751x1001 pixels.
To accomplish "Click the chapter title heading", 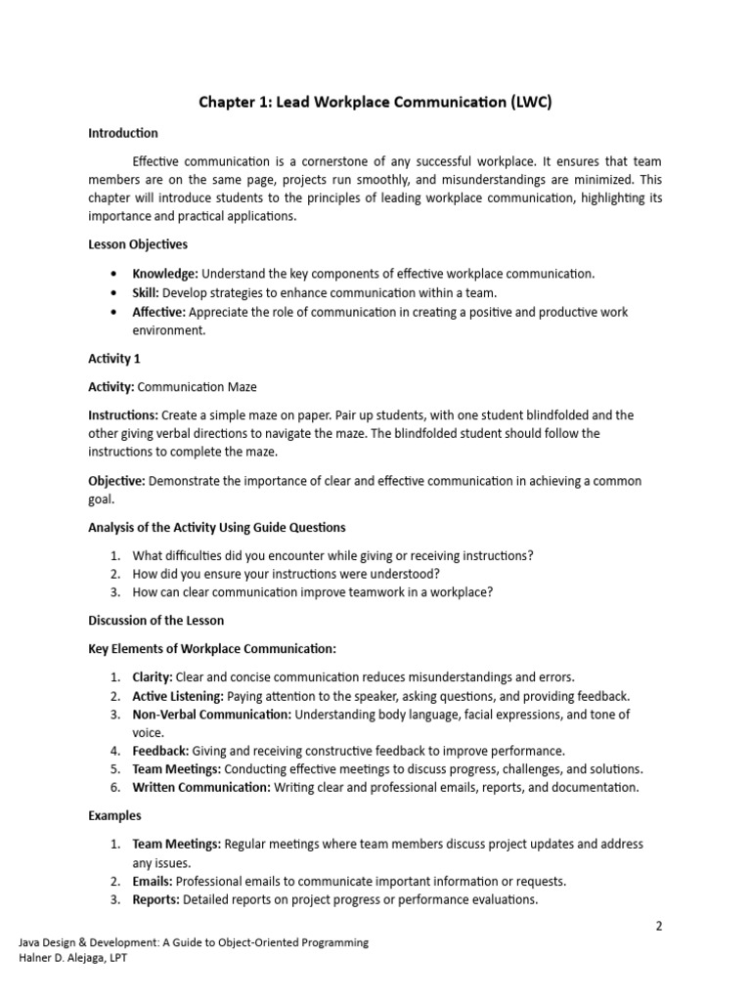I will click(x=376, y=102).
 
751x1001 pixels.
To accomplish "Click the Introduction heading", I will click(x=123, y=133).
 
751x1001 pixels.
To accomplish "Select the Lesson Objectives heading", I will click(x=138, y=244).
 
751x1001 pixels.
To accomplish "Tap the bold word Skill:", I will click(x=146, y=292).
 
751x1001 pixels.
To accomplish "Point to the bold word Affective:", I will click(x=159, y=312).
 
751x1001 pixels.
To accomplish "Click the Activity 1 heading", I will click(x=114, y=359).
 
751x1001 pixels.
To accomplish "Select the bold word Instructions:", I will click(x=123, y=414).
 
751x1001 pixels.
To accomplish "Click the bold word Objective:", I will click(x=116, y=480).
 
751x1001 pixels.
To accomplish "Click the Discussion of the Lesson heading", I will click(x=156, y=621).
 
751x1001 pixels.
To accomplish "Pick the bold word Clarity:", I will click(x=153, y=676).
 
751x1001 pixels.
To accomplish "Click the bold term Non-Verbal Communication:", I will click(x=211, y=715).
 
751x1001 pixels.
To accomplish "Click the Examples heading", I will click(x=114, y=815).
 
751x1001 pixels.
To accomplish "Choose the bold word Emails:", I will click(x=153, y=881).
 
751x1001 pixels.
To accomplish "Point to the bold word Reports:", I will click(x=155, y=899).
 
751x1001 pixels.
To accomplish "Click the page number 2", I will click(x=659, y=926).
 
